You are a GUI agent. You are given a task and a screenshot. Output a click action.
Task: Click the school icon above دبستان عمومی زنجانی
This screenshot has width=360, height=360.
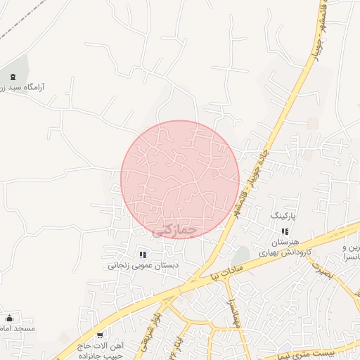143,255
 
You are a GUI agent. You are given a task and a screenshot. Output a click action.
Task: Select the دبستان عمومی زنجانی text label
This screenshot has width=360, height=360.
143,266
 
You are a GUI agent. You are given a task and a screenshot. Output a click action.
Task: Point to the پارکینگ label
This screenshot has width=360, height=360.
285,212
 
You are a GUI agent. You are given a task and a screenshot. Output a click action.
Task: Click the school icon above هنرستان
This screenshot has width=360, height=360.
285,231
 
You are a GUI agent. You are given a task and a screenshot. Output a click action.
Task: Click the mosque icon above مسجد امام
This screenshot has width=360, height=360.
9,319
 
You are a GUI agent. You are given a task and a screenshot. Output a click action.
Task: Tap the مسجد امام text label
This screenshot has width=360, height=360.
18,329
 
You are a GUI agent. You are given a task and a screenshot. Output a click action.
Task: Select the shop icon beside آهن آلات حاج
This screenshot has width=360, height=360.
100,335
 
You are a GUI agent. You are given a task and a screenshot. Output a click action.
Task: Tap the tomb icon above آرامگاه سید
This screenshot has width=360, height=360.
13,77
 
